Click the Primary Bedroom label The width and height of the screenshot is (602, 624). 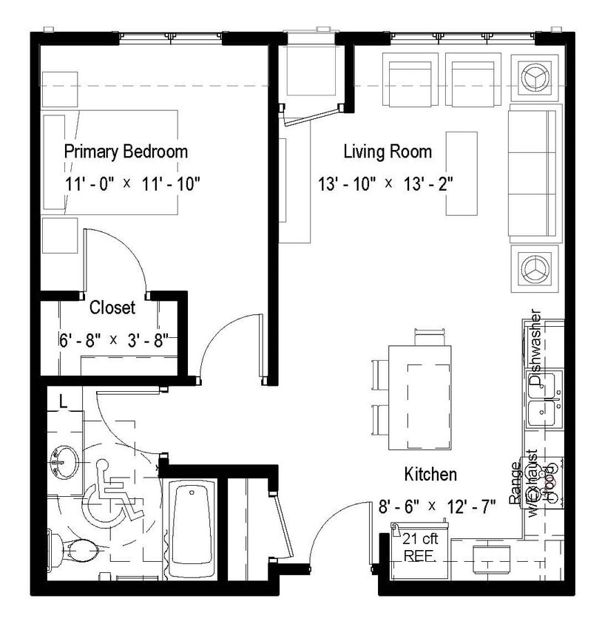[x=126, y=152]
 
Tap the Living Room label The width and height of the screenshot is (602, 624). [x=388, y=152]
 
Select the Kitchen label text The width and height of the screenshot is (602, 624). [x=430, y=474]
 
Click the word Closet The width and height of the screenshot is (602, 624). [x=112, y=307]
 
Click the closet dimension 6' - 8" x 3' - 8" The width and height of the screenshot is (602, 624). [x=114, y=340]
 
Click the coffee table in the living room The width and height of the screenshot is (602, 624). [x=461, y=173]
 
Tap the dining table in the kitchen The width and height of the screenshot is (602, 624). [x=420, y=397]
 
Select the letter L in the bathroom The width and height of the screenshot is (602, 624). [x=64, y=403]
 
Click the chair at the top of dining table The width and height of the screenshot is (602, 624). [x=431, y=337]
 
